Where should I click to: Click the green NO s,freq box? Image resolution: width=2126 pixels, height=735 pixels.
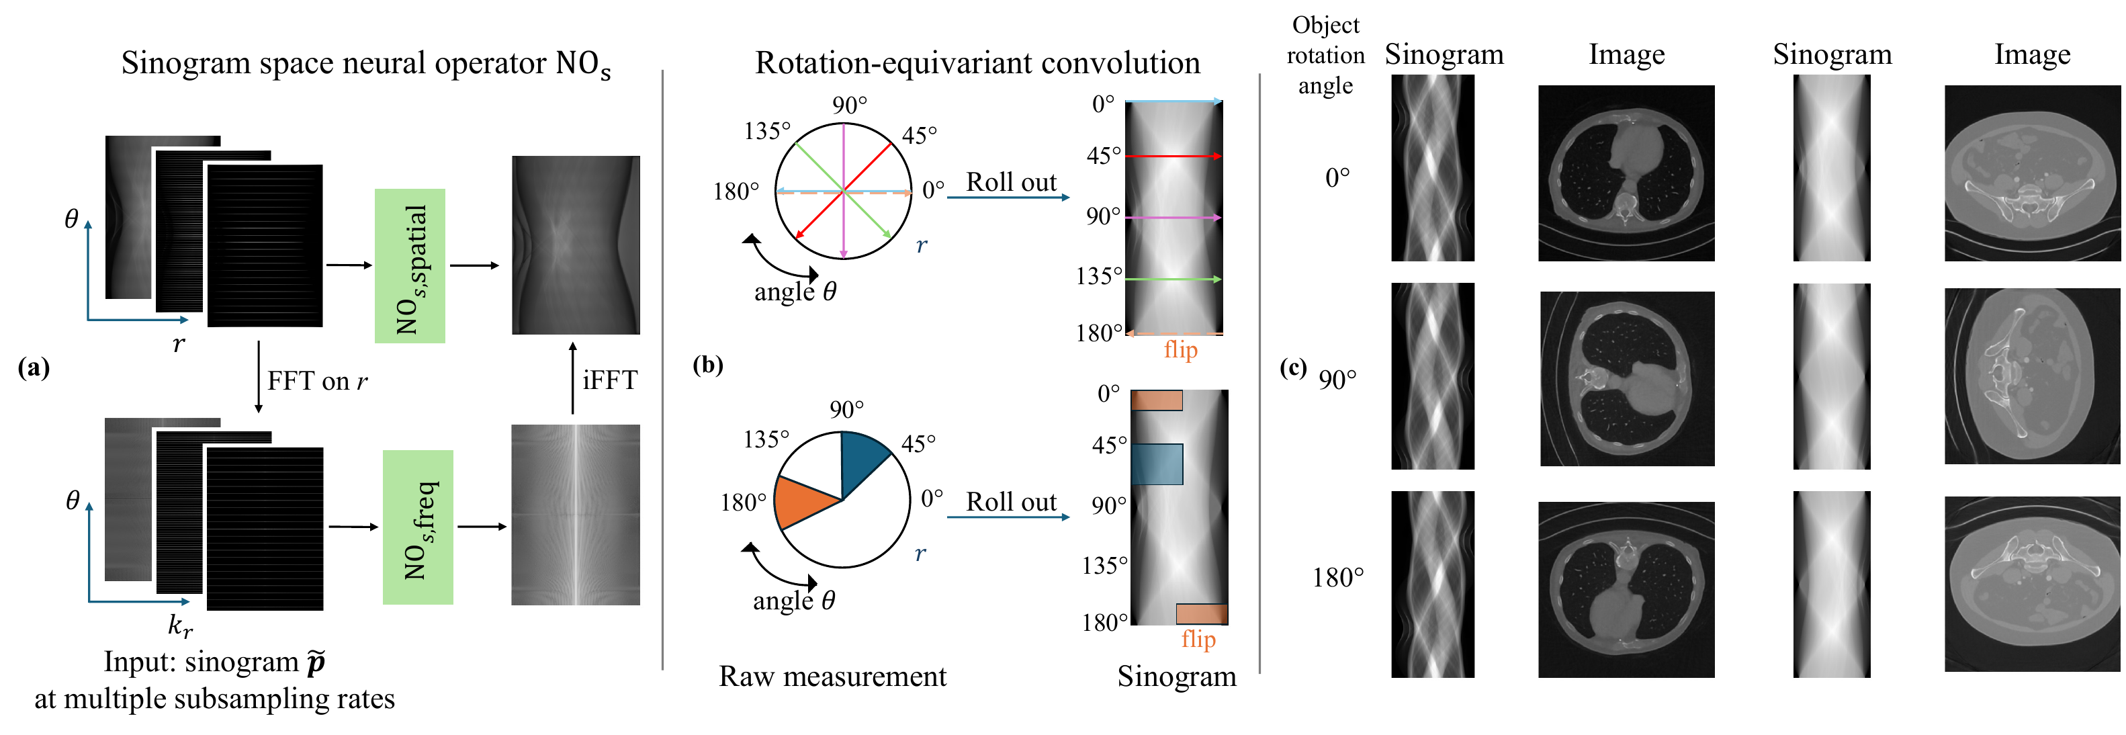(x=418, y=527)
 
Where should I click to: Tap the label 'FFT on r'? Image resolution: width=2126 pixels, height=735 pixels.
(x=318, y=381)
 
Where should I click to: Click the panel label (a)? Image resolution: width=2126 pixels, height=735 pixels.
(x=34, y=367)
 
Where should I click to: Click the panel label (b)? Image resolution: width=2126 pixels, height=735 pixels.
(x=708, y=364)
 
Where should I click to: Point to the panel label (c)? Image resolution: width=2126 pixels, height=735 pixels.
(x=1293, y=367)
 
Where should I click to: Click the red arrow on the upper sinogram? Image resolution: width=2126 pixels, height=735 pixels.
(x=1173, y=156)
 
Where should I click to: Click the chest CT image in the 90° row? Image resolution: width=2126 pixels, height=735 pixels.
(x=1627, y=378)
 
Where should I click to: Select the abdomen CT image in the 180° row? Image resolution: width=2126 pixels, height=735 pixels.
(x=2032, y=584)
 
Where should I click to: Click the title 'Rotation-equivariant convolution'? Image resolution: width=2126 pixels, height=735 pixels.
(x=977, y=62)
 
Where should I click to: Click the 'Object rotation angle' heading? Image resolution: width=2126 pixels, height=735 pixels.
(x=1325, y=55)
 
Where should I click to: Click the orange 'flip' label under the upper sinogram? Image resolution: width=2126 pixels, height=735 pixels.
(x=1180, y=349)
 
